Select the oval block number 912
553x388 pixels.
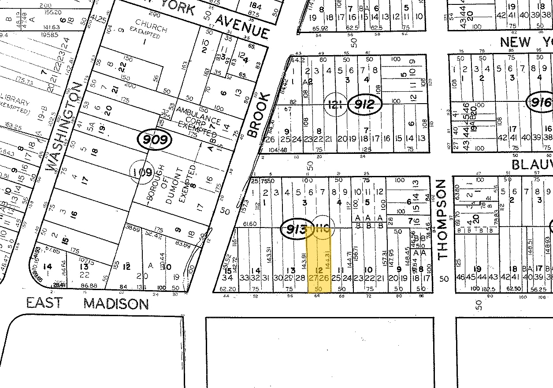click(364, 105)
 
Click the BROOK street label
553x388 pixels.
click(259, 115)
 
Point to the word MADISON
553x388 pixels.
click(116, 303)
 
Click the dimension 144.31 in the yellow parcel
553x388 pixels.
click(327, 260)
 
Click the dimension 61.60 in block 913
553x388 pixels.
click(250, 224)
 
